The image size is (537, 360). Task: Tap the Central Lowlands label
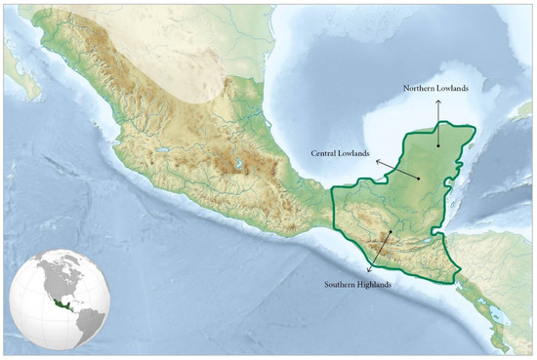(x=342, y=153)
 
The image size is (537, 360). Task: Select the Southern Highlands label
(x=358, y=284)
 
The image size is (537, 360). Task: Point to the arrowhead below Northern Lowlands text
(x=438, y=99)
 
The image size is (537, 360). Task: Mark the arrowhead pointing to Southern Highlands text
(x=369, y=268)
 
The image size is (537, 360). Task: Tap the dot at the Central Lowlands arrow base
(x=418, y=178)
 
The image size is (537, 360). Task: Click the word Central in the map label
(x=325, y=153)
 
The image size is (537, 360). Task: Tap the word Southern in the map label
(x=342, y=284)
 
